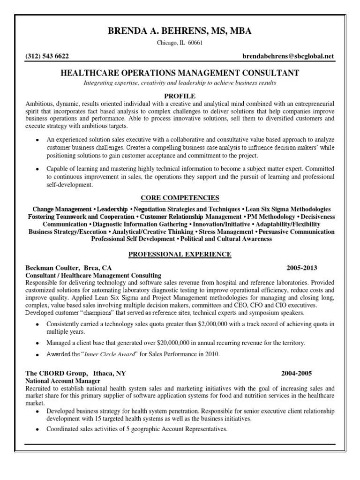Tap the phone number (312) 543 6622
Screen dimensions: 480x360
tap(47, 56)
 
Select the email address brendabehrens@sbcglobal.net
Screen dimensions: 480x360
tap(288, 56)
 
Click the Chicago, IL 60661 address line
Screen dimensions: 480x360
tap(180, 44)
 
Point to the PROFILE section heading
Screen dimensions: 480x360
tap(180, 95)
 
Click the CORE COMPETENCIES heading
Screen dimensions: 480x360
tap(180, 197)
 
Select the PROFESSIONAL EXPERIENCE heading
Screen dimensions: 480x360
tap(180, 254)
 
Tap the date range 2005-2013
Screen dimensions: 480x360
tap(302, 268)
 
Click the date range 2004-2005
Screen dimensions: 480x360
tap(296, 374)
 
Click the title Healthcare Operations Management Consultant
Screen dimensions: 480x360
tap(180, 73)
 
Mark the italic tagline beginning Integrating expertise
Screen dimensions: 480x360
tap(180, 83)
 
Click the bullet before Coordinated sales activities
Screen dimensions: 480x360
tap(37, 430)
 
